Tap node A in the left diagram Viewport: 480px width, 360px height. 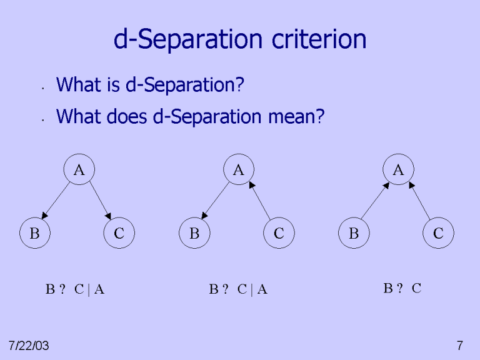coord(79,169)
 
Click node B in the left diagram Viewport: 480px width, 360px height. coord(34,234)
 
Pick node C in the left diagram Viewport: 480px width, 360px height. coord(119,234)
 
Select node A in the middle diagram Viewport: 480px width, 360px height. coord(238,169)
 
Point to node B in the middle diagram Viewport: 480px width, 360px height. coord(194,234)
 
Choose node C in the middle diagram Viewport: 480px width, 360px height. coord(279,234)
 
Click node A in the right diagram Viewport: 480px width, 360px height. coord(398,169)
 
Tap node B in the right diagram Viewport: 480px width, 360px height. coord(354,234)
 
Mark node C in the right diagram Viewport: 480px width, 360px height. coord(438,234)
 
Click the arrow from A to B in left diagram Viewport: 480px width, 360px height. coord(55,200)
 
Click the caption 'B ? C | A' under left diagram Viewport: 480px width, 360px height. coord(74,289)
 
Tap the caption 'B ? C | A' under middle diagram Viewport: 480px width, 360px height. coord(238,289)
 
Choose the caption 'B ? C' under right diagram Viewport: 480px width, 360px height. coord(402,288)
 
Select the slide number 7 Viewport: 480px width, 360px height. coord(460,345)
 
